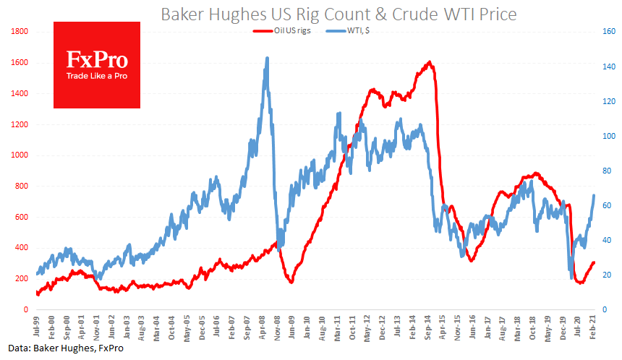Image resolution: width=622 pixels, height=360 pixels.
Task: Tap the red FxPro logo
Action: (97, 64)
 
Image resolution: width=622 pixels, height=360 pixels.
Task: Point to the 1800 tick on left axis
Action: (19, 32)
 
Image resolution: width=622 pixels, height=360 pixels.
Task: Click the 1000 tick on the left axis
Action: (19, 155)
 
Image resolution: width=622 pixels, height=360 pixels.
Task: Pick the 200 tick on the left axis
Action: (21, 278)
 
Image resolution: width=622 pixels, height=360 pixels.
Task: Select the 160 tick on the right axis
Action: (609, 32)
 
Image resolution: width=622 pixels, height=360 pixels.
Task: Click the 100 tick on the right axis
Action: (609, 136)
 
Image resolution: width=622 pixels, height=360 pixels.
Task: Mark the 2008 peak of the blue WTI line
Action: (268, 58)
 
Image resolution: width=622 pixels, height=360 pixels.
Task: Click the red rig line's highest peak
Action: (430, 62)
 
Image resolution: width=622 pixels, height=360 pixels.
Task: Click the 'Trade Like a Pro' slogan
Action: (97, 75)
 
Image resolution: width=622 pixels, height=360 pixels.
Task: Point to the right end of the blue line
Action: (595, 195)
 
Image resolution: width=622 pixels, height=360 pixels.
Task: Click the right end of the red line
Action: (595, 262)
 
